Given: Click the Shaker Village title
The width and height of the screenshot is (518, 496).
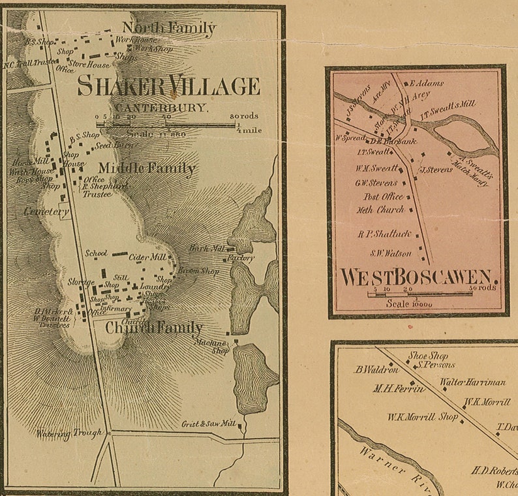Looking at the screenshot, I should tap(168, 87).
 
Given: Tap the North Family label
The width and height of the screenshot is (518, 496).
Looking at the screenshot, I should tap(169, 28).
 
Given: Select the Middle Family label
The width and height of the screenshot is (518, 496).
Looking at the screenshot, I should tap(147, 169).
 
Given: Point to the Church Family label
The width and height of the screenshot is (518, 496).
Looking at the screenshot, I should tap(154, 328).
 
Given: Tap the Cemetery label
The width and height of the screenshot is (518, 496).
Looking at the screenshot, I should tap(46, 212).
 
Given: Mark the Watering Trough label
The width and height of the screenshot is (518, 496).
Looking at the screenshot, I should tap(69, 433).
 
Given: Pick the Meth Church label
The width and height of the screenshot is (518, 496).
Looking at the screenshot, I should tap(380, 210).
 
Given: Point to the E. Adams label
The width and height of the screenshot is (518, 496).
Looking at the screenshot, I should tap(428, 84).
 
